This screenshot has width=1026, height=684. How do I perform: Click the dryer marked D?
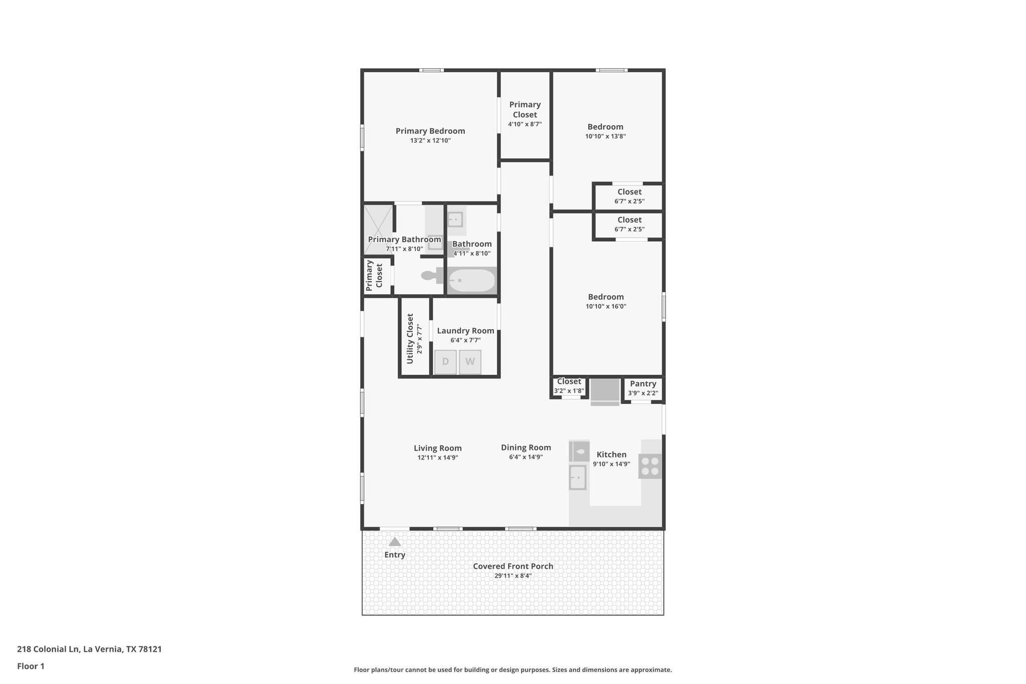coord(445,362)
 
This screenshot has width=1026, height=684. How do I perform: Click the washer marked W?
coord(470,362)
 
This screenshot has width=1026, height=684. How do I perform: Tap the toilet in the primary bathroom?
coord(430,275)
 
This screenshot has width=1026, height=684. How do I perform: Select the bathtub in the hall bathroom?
coord(471,281)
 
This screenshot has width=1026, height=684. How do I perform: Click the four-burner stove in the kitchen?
coord(650,466)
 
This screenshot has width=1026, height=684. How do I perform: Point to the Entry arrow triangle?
coord(395,542)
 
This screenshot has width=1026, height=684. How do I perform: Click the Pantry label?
coord(643,384)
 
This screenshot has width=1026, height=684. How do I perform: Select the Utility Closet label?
coord(410,338)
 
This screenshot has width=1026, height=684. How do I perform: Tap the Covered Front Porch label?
coord(513,566)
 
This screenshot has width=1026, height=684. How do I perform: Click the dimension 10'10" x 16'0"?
coord(606,306)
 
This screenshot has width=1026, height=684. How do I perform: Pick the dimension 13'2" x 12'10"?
coord(430,140)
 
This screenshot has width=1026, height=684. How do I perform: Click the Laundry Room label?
coord(465,331)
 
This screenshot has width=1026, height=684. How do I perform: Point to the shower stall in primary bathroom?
coord(378,230)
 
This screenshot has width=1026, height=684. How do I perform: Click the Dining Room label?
coord(526,447)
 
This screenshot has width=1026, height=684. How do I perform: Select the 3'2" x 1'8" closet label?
coord(569,390)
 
